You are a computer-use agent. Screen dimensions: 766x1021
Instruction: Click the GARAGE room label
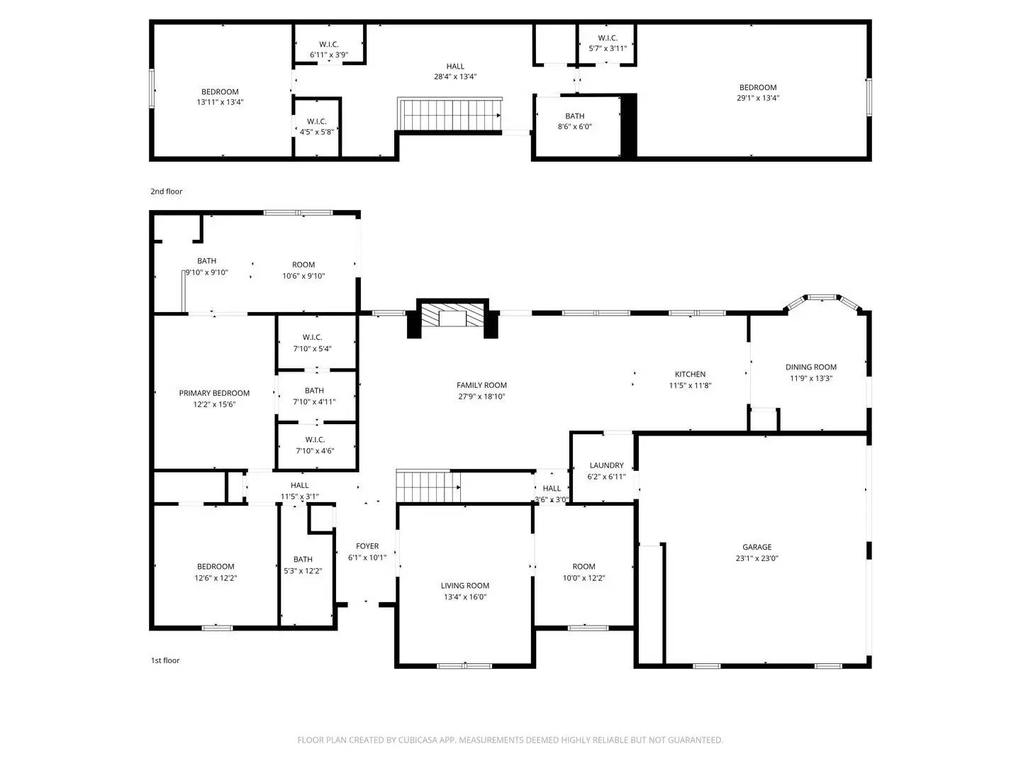pos(757,547)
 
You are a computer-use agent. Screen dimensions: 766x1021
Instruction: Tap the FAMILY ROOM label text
pos(481,385)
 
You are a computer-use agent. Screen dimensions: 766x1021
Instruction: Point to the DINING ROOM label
pos(810,367)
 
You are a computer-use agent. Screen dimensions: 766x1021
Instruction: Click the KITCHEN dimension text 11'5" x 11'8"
pos(690,386)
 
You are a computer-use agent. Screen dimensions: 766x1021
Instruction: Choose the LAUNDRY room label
pos(606,465)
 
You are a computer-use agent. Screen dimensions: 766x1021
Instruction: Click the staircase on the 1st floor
pos(428,487)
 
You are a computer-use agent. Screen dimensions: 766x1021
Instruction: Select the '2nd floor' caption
pos(166,191)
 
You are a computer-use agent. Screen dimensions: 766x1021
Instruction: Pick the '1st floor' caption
pos(164,660)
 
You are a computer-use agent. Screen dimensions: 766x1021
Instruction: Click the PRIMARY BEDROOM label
pos(214,393)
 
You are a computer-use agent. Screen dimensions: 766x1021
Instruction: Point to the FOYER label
pos(367,546)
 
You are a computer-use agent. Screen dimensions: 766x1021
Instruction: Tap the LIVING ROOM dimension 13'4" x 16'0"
pos(464,597)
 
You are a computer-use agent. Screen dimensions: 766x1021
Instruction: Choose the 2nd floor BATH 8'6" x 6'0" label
pos(574,116)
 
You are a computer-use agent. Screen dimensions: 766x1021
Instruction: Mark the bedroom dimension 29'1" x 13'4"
pos(757,99)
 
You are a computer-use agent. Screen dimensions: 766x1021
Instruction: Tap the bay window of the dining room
pos(822,298)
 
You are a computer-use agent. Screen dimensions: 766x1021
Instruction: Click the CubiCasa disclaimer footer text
pos(510,740)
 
